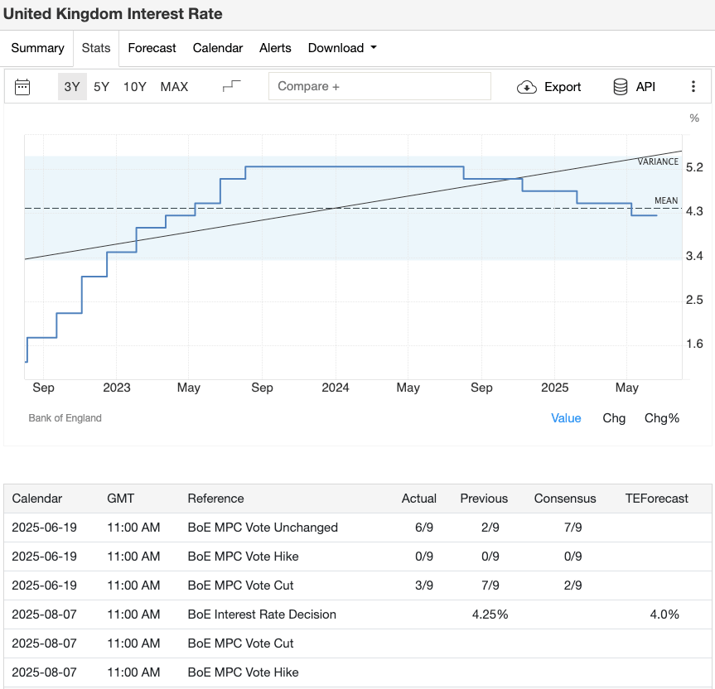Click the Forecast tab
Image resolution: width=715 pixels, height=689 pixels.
click(152, 48)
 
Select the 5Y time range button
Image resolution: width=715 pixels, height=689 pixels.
click(101, 87)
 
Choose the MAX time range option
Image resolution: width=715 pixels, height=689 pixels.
click(174, 87)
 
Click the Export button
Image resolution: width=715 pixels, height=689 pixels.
click(549, 87)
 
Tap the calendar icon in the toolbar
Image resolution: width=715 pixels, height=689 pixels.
click(22, 87)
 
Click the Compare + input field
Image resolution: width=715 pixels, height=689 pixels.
click(379, 86)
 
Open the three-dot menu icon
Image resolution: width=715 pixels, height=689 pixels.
click(693, 87)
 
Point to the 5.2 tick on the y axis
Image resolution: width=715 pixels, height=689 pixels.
click(694, 167)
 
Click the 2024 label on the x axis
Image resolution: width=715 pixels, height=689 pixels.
click(335, 388)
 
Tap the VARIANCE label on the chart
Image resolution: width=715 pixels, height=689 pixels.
click(658, 161)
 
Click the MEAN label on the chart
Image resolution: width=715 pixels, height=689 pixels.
click(666, 200)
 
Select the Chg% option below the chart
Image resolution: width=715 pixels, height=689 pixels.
click(661, 418)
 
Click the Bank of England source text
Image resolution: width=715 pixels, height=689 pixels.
click(65, 418)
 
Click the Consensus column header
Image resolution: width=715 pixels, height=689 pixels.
click(564, 499)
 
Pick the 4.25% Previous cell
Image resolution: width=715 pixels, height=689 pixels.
click(490, 614)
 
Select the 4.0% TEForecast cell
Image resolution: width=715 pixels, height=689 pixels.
click(664, 614)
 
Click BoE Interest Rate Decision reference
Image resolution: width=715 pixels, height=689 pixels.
click(262, 614)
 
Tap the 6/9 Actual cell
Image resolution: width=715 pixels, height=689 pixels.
click(424, 528)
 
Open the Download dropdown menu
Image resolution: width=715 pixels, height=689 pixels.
click(342, 48)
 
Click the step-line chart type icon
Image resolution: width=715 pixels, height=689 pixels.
click(232, 87)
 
